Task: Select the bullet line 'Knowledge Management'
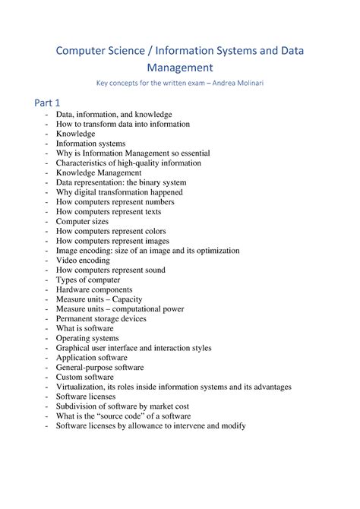[99, 172]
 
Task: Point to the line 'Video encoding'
[84, 260]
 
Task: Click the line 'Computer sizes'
[84, 221]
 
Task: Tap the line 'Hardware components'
[94, 289]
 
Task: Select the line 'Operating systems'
[87, 338]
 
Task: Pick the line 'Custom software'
[85, 377]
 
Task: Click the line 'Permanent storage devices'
[102, 318]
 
